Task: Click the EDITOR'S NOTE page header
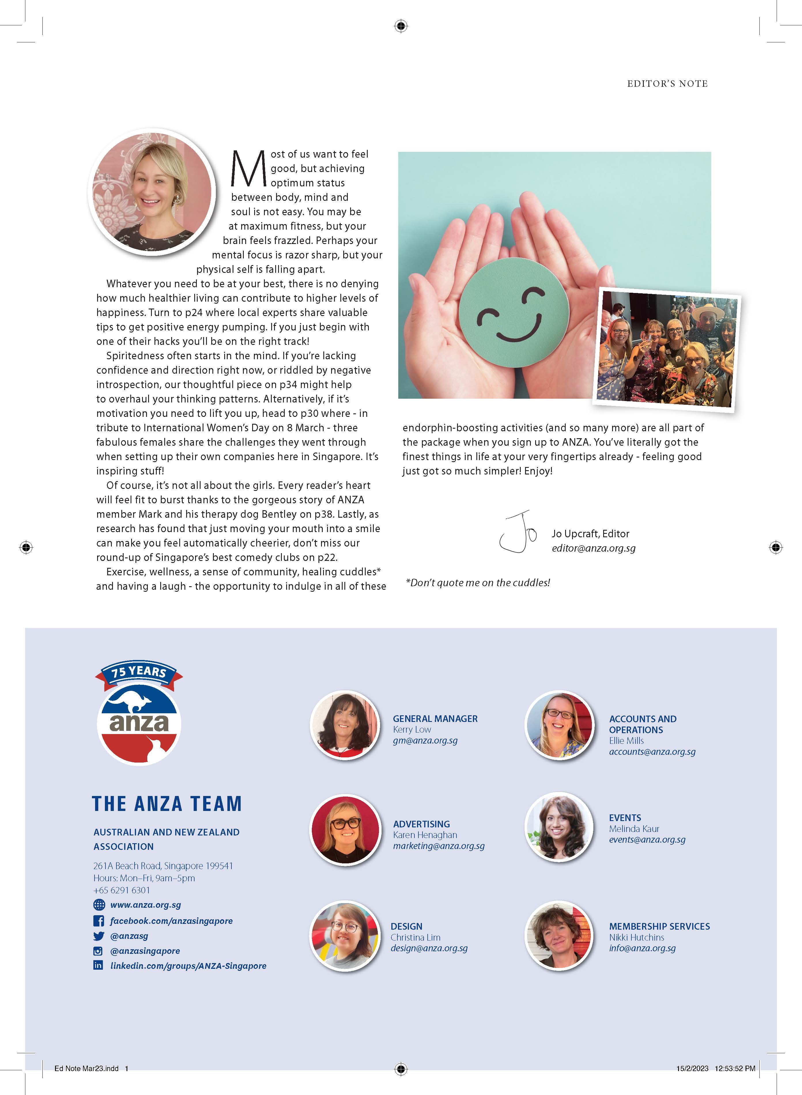667,84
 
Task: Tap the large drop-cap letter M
248,169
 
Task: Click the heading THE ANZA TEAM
167,804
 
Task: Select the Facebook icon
99,921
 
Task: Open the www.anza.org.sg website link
145,905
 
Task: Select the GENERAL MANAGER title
435,718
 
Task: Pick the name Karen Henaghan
425,835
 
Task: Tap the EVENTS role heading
625,818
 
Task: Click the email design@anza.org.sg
429,948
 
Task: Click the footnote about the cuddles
478,583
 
